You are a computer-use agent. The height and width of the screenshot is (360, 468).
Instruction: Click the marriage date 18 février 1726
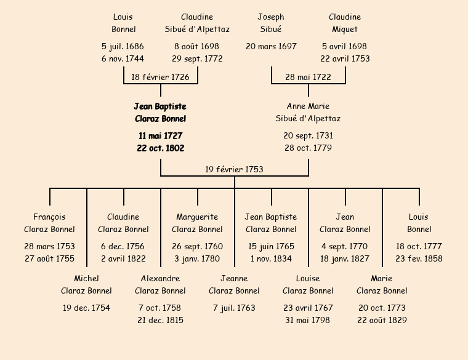pyautogui.click(x=160, y=77)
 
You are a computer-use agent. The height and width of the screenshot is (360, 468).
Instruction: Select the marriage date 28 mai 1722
pyautogui.click(x=308, y=77)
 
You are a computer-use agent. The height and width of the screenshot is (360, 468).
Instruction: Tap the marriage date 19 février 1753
pyautogui.click(x=234, y=169)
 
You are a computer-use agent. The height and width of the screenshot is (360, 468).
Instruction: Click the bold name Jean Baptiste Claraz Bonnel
pyautogui.click(x=160, y=113)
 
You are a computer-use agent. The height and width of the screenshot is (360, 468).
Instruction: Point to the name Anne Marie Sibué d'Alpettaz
pyautogui.click(x=308, y=113)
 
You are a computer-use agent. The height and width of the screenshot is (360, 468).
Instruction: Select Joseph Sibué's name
pyautogui.click(x=271, y=23)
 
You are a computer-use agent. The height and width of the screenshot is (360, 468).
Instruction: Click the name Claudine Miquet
pyautogui.click(x=345, y=23)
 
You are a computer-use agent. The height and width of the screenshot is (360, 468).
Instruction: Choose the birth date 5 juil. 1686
pyautogui.click(x=123, y=46)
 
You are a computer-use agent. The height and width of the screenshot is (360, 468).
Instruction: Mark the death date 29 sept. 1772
pyautogui.click(x=197, y=59)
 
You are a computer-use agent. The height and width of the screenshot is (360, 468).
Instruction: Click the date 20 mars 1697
pyautogui.click(x=271, y=46)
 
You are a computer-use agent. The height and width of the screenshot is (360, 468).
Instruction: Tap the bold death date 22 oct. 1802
pyautogui.click(x=160, y=148)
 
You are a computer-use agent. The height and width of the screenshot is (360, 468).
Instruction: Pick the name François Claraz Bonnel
pyautogui.click(x=49, y=223)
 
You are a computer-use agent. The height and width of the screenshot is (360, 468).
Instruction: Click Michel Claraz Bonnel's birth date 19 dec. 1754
pyautogui.click(x=86, y=308)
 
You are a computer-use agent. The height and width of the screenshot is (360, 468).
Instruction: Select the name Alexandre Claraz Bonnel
pyautogui.click(x=160, y=284)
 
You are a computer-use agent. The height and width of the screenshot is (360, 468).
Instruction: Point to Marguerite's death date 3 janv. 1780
pyautogui.click(x=197, y=258)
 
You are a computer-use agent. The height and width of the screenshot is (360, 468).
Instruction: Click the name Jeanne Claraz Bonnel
pyautogui.click(x=234, y=284)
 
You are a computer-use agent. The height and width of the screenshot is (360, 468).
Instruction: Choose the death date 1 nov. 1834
pyautogui.click(x=271, y=258)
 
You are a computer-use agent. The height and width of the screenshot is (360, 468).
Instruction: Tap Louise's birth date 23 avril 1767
pyautogui.click(x=308, y=308)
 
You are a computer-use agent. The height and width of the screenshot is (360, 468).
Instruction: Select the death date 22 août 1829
pyautogui.click(x=382, y=320)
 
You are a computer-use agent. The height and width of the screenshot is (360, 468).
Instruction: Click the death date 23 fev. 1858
pyautogui.click(x=419, y=258)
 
